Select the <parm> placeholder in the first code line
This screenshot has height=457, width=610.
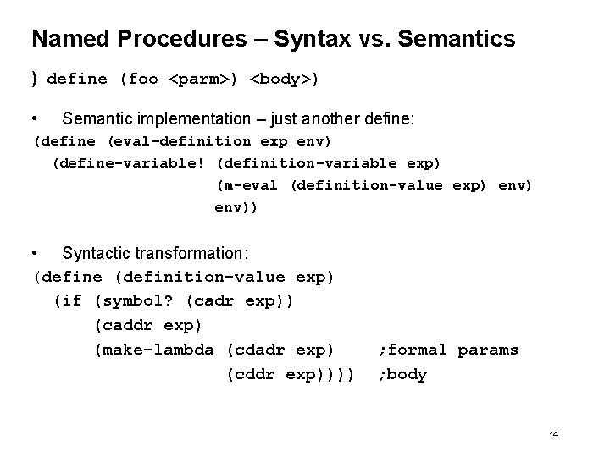click(203, 80)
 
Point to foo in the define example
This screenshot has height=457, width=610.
click(143, 80)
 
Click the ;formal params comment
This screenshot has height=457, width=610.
click(449, 350)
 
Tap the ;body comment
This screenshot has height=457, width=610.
click(403, 374)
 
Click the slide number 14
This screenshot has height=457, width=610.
click(553, 434)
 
